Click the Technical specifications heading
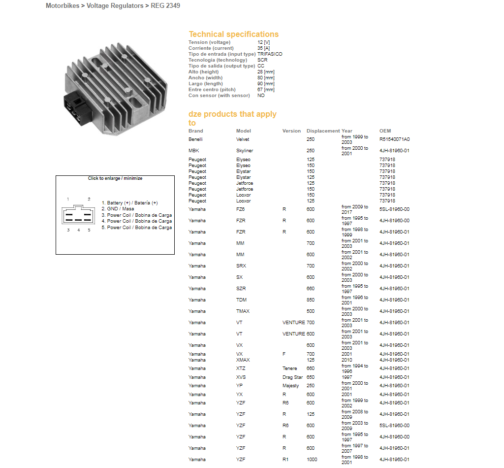pos(233,34)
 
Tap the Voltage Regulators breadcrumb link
pos(115,6)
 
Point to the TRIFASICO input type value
pos(270,54)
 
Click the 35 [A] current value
pos(264,48)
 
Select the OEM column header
pos(385,131)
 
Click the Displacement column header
pos(323,131)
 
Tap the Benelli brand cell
pos(195,139)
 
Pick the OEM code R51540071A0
pos(394,139)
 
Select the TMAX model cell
pos(243,311)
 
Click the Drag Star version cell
pos(292,377)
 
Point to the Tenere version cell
pos(289,368)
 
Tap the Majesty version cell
pos(290,386)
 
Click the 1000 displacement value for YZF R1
pos(312,459)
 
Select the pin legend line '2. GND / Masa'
pos(121,209)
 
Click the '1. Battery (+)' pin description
pos(132,203)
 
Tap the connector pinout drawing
pos(78,215)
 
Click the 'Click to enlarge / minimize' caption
pos(115,178)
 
